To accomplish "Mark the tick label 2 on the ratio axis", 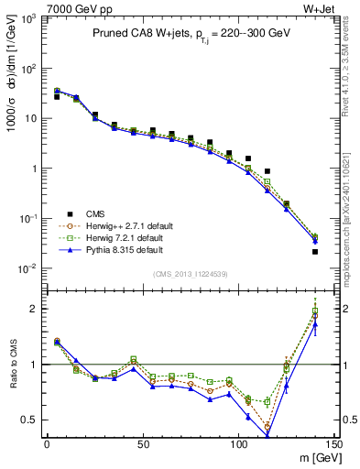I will click(x=36, y=309).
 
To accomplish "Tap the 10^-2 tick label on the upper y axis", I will click(x=28, y=268).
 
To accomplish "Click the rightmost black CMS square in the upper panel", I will click(x=315, y=251).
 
